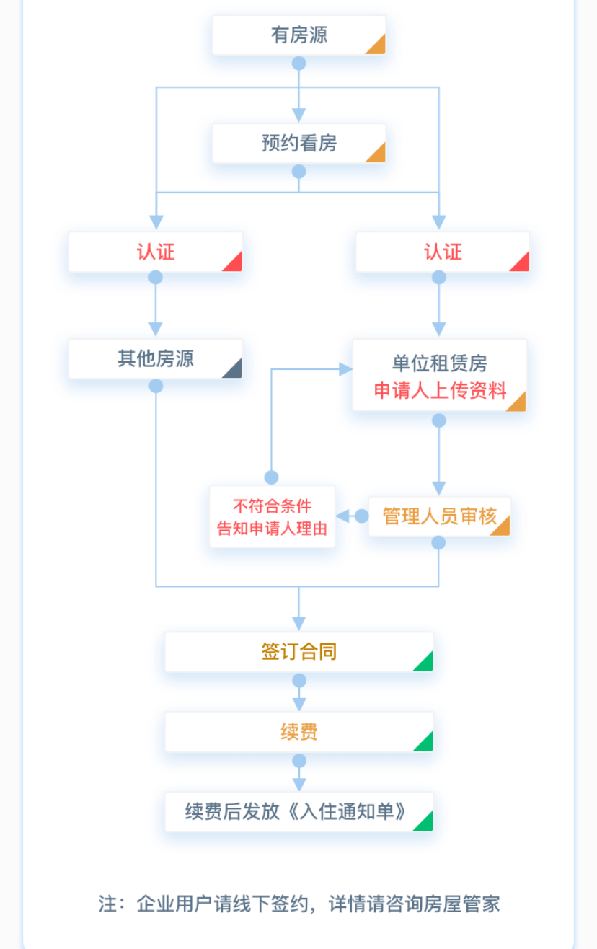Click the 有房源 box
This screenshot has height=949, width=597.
[x=298, y=35]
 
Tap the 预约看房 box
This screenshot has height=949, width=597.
[x=298, y=144]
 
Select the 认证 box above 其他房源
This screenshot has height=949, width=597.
[x=155, y=252]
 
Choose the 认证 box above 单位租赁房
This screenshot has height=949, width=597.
[x=442, y=252]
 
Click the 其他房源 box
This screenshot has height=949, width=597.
[x=155, y=359]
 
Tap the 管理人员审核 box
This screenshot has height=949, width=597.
[x=439, y=516]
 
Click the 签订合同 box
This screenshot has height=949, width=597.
[x=298, y=652]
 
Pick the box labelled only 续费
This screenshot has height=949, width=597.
[x=298, y=733]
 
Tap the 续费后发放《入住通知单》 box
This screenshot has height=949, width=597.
[x=298, y=812]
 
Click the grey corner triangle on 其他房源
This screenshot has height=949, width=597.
[x=234, y=370]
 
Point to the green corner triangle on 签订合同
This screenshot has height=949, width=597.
[x=425, y=663]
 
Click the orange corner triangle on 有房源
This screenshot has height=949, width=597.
[x=377, y=45]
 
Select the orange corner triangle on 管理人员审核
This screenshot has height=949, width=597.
[x=502, y=527]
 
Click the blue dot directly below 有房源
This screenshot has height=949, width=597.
[x=298, y=63]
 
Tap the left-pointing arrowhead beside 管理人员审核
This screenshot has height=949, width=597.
[x=343, y=516]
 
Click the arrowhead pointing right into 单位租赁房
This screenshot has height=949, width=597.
[x=346, y=369]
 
